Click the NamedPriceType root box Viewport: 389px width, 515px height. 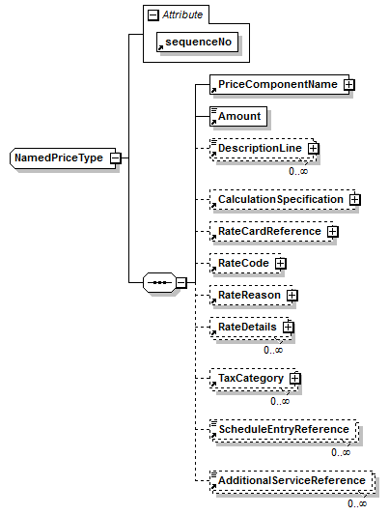(x=63, y=158)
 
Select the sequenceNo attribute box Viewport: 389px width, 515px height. (x=197, y=43)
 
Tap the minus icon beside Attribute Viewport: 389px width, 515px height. (x=153, y=15)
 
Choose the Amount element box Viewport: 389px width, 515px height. (x=238, y=116)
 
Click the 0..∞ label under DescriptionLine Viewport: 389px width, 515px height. (x=298, y=171)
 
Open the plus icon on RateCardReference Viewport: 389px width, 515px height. (x=333, y=232)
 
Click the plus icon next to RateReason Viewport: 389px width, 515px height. (x=292, y=296)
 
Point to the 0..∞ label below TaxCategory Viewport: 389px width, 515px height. (x=280, y=401)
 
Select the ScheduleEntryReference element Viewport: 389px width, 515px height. (x=284, y=429)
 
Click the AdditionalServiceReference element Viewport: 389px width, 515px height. (x=292, y=480)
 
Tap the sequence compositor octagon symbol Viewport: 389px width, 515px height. (x=159, y=282)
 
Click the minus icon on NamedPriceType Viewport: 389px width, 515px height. (x=116, y=158)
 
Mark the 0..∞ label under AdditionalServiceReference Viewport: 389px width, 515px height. (x=357, y=503)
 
